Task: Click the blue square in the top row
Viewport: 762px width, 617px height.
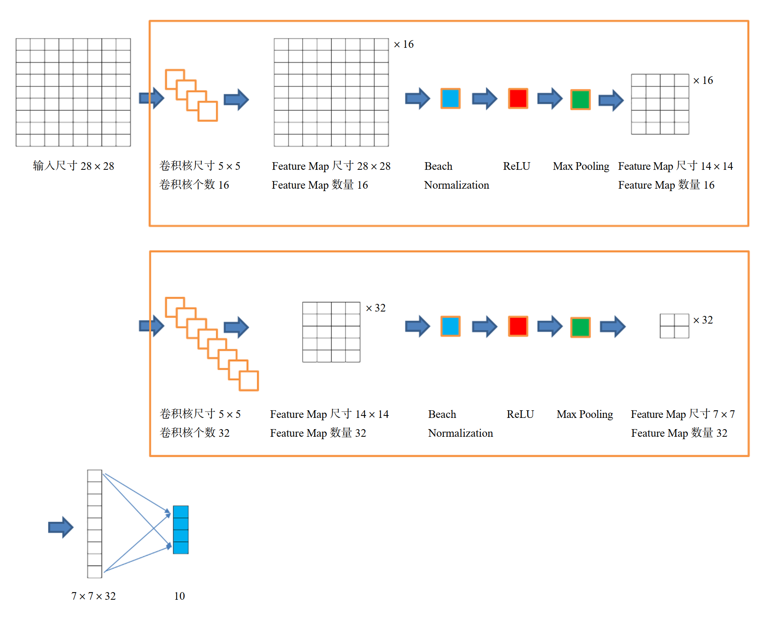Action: [450, 99]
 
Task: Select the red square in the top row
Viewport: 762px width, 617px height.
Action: [518, 99]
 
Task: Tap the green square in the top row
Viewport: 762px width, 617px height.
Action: [580, 100]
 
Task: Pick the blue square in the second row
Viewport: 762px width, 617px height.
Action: [450, 326]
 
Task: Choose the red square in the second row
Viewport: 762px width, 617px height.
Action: [518, 326]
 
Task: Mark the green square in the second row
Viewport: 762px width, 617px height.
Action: [580, 327]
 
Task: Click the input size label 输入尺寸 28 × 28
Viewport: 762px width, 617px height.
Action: [73, 166]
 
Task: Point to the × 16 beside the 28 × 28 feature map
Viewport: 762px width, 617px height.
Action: [404, 44]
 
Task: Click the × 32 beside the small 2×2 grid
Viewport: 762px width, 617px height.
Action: [703, 320]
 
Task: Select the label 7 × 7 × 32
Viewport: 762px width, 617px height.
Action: [93, 596]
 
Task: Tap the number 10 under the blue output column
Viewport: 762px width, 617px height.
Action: [179, 596]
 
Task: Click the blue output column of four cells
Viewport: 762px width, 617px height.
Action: [181, 529]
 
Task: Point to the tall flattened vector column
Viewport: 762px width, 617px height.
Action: [95, 523]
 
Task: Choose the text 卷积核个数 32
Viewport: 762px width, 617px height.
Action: [195, 433]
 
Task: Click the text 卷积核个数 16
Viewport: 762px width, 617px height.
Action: [194, 185]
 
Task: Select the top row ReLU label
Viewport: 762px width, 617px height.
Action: [516, 166]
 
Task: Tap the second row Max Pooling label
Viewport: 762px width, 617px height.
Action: [585, 414]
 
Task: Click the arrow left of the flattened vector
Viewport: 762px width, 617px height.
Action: [61, 527]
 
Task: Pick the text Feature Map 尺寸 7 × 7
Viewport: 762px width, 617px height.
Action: [683, 414]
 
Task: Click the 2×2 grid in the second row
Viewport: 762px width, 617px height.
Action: [674, 326]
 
